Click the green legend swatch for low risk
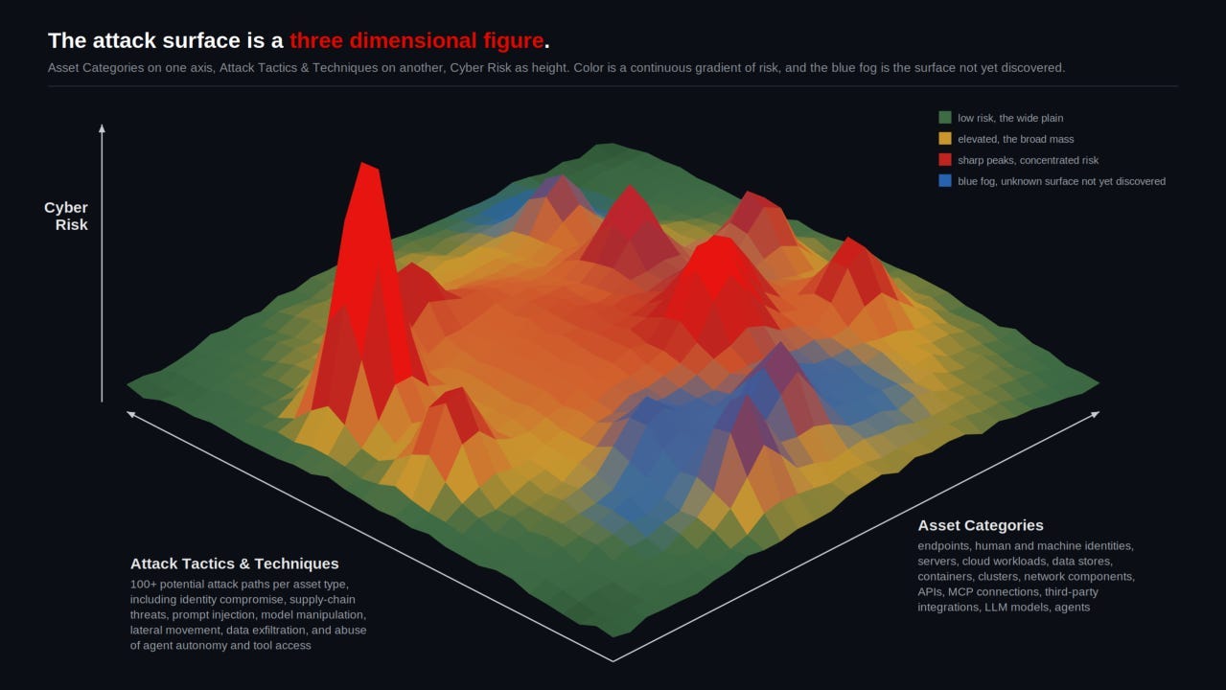945,118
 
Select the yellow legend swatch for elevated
945,138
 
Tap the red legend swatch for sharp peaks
945,160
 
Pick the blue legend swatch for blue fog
945,180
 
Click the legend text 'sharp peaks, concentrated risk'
1028,160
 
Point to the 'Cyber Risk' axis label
66,217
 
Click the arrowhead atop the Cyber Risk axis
102,128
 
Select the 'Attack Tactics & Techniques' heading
234,563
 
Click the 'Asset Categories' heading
981,525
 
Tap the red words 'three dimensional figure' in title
417,40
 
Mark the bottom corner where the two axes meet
613,661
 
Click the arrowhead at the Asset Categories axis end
1096,414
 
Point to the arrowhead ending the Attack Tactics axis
130,414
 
